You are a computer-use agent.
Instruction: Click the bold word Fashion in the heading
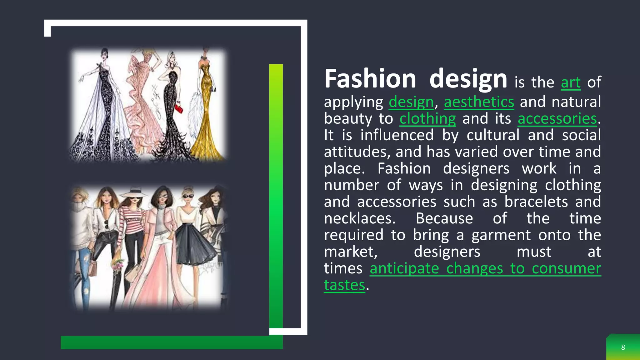coord(370,79)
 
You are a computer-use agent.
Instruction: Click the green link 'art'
coord(571,82)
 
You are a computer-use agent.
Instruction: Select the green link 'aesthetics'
coord(479,102)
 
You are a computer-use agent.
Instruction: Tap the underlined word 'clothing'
coord(427,119)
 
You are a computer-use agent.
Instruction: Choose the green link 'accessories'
coord(557,119)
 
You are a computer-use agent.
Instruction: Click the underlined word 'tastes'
coord(344,285)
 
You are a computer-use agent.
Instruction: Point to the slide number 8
coord(623,347)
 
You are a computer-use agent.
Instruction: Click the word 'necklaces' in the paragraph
coord(359,218)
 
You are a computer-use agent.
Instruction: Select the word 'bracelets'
coord(536,202)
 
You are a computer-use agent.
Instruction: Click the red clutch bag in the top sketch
coord(178,109)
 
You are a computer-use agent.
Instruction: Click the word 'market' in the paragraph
coord(350,252)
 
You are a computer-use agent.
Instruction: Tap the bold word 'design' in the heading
coord(468,79)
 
